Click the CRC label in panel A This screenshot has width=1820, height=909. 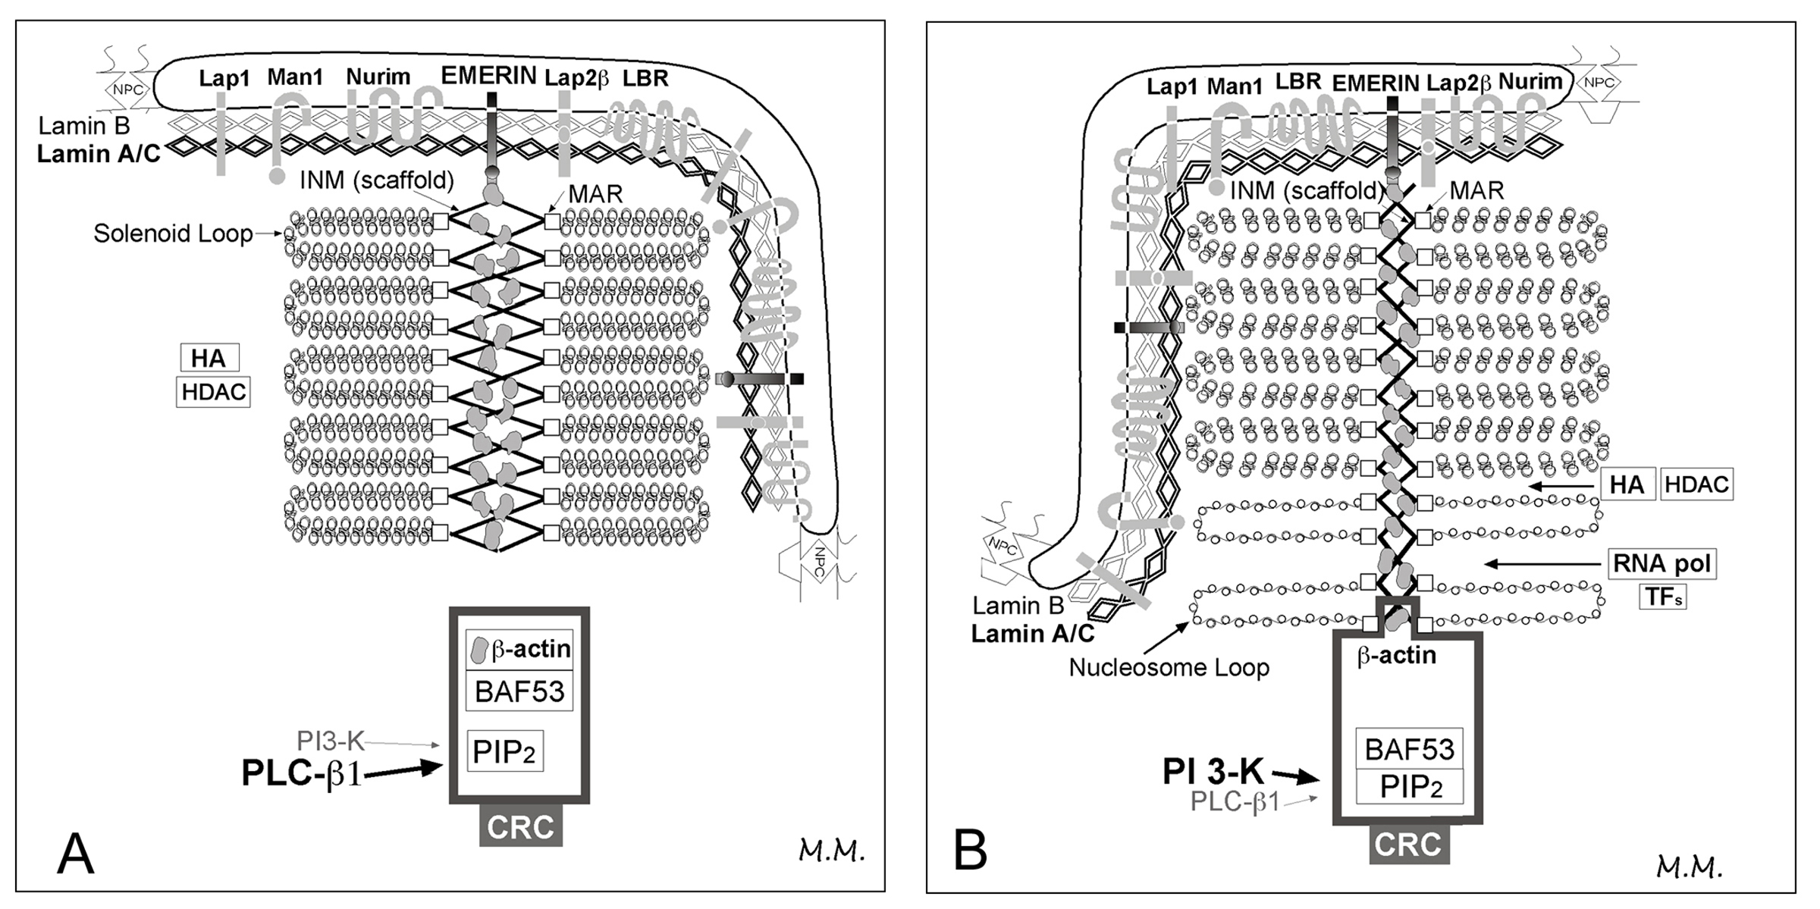(520, 827)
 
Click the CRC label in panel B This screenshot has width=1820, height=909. (1408, 845)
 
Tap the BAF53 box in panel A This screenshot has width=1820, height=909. (519, 691)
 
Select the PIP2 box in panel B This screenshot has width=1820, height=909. (1410, 787)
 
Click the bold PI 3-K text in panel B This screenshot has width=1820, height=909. (1213, 772)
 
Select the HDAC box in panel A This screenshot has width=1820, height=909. (213, 392)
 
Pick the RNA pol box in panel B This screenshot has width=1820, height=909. (1662, 563)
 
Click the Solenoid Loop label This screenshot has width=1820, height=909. (173, 234)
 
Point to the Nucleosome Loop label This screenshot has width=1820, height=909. (1169, 668)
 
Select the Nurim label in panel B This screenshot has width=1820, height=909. (1530, 80)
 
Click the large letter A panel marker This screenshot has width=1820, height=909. (75, 854)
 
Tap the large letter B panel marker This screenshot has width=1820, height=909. (970, 851)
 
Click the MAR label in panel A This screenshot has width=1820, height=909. (595, 193)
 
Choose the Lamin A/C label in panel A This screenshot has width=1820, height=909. (99, 154)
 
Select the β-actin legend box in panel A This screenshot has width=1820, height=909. (519, 650)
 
